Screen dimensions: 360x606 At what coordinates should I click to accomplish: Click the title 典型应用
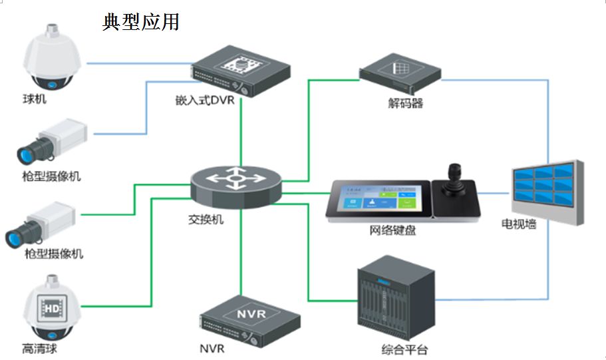(x=140, y=21)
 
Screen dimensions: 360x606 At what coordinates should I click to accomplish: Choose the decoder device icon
(x=400, y=73)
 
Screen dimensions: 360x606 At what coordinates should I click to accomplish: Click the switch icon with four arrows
(x=235, y=180)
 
